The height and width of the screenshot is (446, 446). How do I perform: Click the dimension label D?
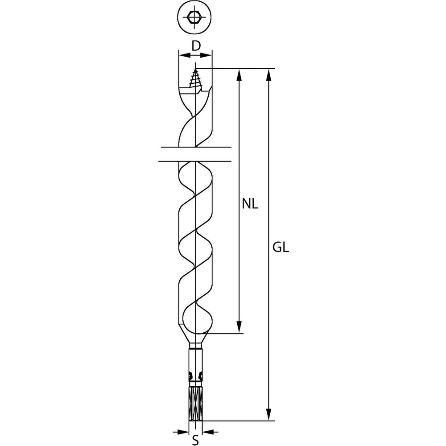point(196,45)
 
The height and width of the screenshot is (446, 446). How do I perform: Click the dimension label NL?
point(250,204)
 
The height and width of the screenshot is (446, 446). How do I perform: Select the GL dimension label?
point(281,248)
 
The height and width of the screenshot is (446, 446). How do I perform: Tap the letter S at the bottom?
point(195,440)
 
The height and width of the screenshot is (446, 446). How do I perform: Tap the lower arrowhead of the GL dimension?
point(268,414)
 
